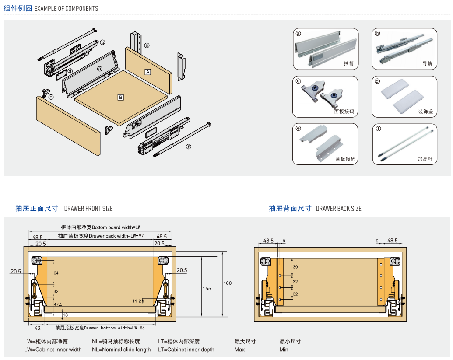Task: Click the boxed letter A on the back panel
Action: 148,72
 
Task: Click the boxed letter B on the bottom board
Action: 121,97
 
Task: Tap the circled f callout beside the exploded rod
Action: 188,147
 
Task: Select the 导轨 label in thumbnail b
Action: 427,63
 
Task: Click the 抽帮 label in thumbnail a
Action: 348,63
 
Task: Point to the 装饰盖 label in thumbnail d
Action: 425,112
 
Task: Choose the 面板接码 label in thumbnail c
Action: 344,112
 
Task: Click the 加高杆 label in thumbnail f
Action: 425,159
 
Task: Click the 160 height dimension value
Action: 228,283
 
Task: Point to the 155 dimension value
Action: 207,288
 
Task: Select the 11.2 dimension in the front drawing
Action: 137,301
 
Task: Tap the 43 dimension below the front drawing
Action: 38,328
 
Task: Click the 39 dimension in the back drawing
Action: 295,267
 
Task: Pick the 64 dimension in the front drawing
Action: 56,273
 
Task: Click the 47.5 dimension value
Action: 58,304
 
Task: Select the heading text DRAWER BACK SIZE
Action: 339,209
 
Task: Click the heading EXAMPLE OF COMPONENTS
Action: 66,8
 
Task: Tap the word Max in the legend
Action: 239,350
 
